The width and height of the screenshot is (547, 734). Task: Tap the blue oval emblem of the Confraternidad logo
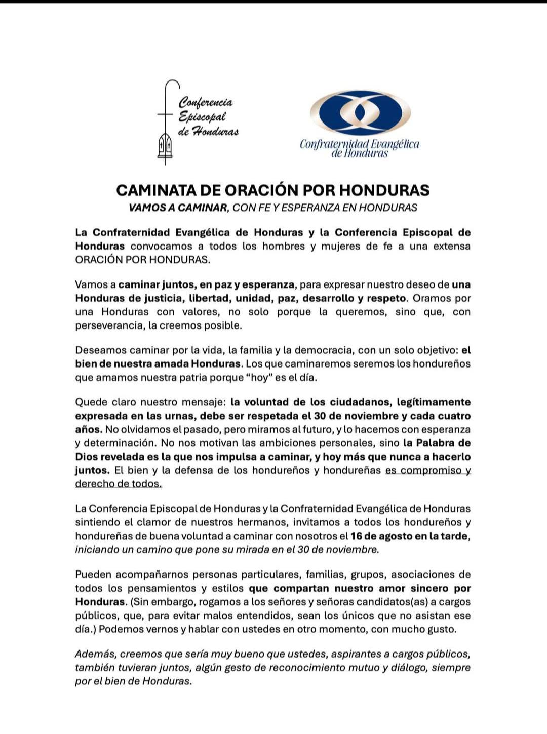(360, 113)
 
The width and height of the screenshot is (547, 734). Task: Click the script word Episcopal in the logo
(202, 117)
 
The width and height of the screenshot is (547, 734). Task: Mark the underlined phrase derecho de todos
(119, 484)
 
